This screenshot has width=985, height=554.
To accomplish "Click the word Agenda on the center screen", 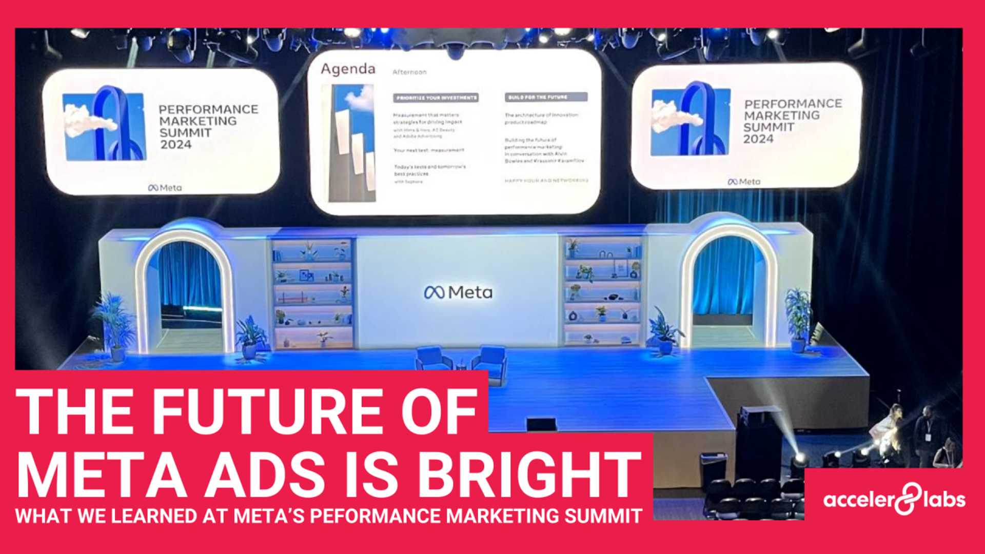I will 348,69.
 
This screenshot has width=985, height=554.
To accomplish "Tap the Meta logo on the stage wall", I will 458,292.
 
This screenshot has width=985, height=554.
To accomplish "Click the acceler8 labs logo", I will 894,499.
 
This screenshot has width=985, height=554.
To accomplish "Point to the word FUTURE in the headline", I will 267,411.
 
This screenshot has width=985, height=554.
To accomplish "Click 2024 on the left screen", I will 175,145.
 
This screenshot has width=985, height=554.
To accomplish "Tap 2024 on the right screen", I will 758,139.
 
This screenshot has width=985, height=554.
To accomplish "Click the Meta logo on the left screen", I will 165,188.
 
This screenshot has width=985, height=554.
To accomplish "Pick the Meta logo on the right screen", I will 744,182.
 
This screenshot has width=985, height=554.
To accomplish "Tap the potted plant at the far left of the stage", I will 114,323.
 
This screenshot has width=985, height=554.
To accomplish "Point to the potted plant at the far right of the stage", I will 798,318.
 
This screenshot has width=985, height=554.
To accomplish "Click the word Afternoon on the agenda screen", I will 409,72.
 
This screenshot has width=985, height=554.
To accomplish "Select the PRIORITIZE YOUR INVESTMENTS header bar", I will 436,97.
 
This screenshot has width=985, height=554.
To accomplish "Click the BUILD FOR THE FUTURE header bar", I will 546,97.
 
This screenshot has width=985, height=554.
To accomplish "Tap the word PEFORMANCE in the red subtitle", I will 377,516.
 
